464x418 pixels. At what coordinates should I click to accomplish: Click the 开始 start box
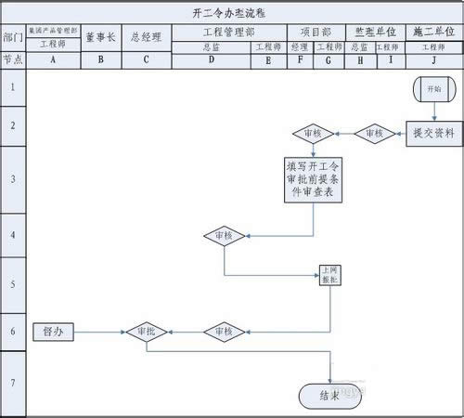point(433,89)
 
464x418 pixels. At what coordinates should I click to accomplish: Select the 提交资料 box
point(433,133)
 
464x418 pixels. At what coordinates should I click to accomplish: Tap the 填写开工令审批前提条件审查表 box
point(314,180)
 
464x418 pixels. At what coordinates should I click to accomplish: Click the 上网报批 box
point(329,274)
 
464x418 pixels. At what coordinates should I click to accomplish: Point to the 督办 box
point(52,331)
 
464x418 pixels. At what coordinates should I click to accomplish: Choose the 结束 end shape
point(329,395)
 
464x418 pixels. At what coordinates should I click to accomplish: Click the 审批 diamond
point(146,331)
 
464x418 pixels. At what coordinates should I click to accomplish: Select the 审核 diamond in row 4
point(224,236)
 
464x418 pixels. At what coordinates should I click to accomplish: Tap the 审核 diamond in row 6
point(224,331)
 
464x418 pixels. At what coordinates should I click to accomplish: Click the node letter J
point(433,59)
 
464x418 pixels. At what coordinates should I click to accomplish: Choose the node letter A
point(53,59)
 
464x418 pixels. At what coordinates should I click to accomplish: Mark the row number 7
point(13,383)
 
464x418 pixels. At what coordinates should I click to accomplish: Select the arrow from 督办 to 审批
point(98,331)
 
